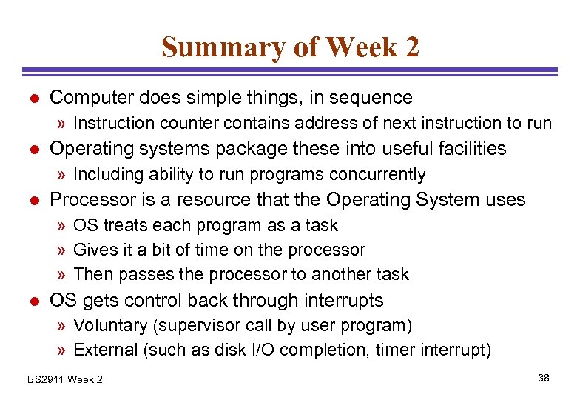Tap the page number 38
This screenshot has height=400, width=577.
coord(544,379)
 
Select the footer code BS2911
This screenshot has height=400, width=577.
coord(45,380)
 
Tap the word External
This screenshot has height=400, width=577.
coord(104,350)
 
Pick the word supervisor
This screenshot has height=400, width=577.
coord(216,326)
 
